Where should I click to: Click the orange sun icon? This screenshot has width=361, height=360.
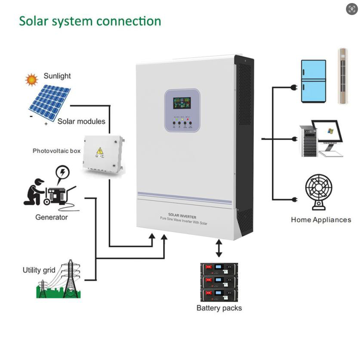click(x=31, y=80)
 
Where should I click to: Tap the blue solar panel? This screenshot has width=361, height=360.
click(x=49, y=102)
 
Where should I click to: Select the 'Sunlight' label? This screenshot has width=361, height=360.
click(x=57, y=76)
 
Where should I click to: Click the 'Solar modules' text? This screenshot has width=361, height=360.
click(x=81, y=121)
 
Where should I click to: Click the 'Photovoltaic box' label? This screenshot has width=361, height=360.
click(x=56, y=151)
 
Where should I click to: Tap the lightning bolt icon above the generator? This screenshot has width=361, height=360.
click(x=63, y=173)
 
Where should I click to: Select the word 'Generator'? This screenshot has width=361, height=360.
click(x=51, y=217)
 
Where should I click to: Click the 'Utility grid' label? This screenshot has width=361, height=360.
click(x=39, y=270)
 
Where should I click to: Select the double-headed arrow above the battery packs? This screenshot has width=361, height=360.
click(x=219, y=249)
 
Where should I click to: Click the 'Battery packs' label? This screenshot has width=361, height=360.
click(x=219, y=308)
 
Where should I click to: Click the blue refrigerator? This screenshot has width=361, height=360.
click(x=313, y=81)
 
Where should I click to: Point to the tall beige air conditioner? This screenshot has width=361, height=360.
click(x=342, y=76)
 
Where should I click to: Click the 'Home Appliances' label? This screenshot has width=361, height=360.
click(x=321, y=220)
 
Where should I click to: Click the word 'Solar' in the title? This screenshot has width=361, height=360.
click(x=33, y=21)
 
